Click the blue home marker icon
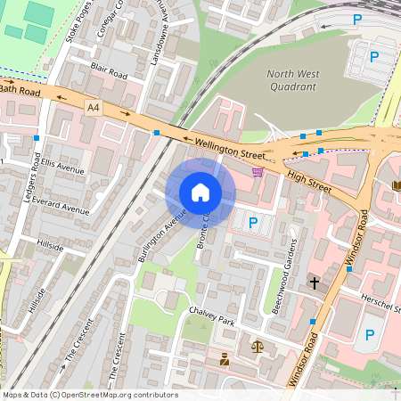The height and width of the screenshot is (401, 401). pyautogui.click(x=200, y=192)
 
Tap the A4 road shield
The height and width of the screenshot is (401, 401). pyautogui.click(x=94, y=107)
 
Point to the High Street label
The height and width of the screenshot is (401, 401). pyautogui.click(x=308, y=182)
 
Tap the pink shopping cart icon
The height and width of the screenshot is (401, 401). pyautogui.click(x=258, y=171)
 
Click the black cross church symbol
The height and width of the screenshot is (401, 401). pyautogui.click(x=314, y=282)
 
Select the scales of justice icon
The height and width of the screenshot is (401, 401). pyautogui.click(x=258, y=346)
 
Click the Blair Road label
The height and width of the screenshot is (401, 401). pyautogui.click(x=108, y=71)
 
